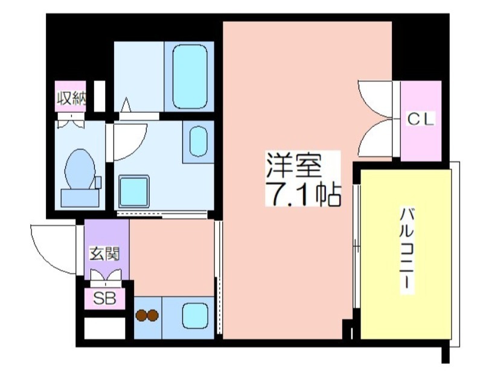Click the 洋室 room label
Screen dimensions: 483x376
(294, 165)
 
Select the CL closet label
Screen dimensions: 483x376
(421, 119)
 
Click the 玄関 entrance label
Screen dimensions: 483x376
(104, 253)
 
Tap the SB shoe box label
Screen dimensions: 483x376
(104, 298)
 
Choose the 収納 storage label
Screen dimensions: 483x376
(71, 98)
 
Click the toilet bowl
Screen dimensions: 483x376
(80, 169)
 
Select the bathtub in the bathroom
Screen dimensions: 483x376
(190, 77)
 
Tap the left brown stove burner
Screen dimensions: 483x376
(141, 315)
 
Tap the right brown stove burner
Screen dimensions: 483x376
(153, 315)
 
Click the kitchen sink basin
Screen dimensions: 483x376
(195, 316)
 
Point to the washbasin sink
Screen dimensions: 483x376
(199, 141)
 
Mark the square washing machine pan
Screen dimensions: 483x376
(134, 191)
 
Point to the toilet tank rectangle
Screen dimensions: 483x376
(80, 198)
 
